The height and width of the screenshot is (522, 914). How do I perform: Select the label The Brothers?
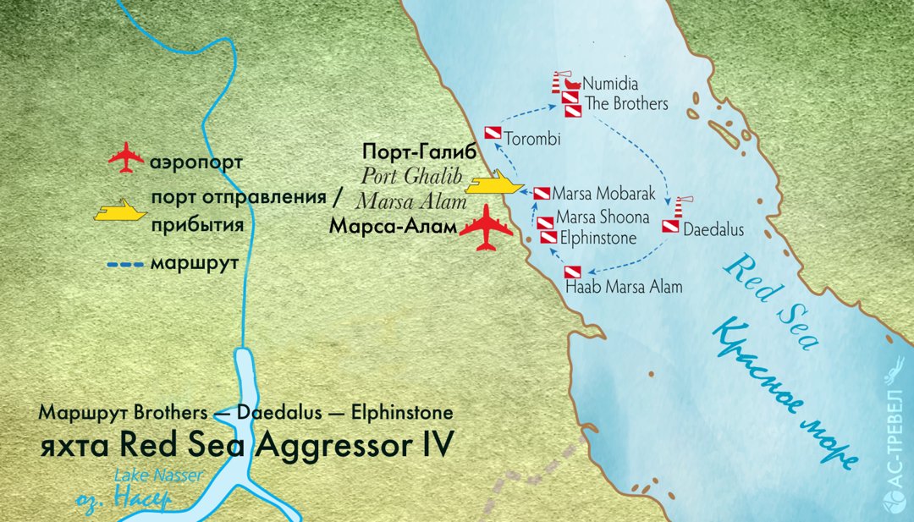point(627,104)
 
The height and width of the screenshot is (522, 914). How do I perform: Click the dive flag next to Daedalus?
point(669,227)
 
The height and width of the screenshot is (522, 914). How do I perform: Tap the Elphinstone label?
point(597,239)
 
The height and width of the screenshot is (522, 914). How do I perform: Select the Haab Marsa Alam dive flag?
point(573,273)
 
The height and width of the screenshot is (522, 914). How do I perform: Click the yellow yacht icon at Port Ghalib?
point(493,184)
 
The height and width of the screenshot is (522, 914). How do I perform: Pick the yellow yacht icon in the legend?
point(119,211)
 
